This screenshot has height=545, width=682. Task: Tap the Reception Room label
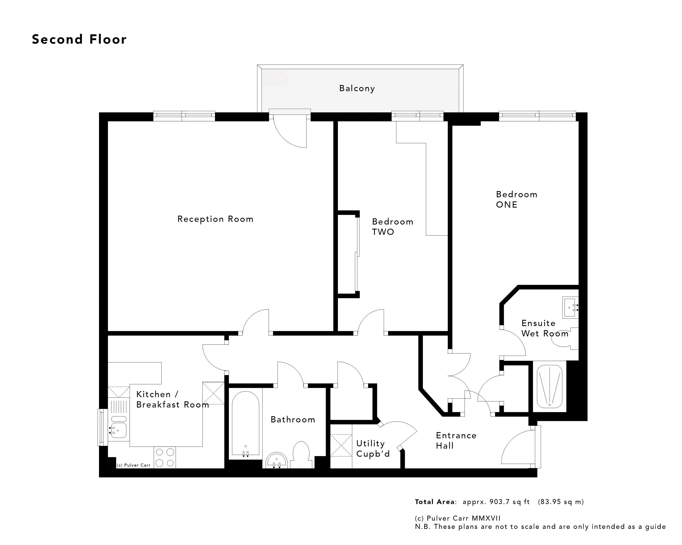tap(215, 219)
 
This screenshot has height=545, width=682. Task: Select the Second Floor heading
tap(79, 39)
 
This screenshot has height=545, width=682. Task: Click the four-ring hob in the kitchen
tap(165, 457)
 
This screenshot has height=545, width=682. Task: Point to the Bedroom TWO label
tap(392, 227)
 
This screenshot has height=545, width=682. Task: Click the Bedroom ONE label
tap(516, 199)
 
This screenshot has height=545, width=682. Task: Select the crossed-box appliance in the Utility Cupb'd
tap(341, 445)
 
